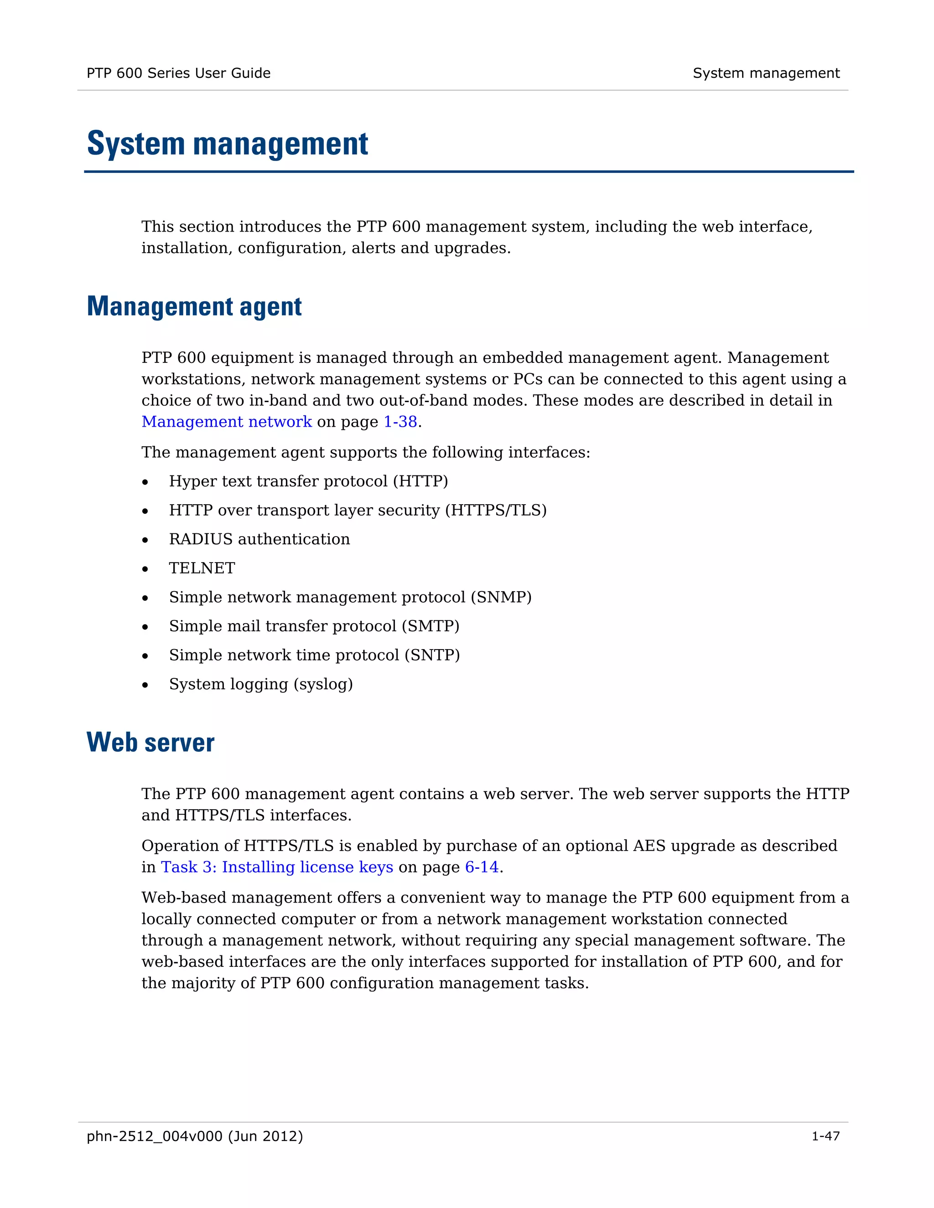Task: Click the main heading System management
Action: (x=228, y=145)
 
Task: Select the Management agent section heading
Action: (x=194, y=306)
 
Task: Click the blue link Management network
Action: (x=226, y=422)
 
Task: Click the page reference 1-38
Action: (x=400, y=422)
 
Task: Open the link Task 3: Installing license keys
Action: (x=277, y=867)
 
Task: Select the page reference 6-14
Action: (x=482, y=867)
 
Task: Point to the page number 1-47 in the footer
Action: (x=825, y=1136)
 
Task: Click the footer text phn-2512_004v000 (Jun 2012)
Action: (x=195, y=1136)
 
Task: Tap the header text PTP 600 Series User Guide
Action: (x=178, y=73)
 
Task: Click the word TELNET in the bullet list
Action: (x=202, y=568)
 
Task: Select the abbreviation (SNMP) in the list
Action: (x=501, y=597)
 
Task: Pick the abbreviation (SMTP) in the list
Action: (x=431, y=626)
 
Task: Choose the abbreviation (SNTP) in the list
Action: (x=431, y=656)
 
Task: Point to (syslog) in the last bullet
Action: (x=323, y=684)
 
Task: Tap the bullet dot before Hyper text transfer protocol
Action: (x=145, y=482)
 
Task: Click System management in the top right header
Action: (x=766, y=73)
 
